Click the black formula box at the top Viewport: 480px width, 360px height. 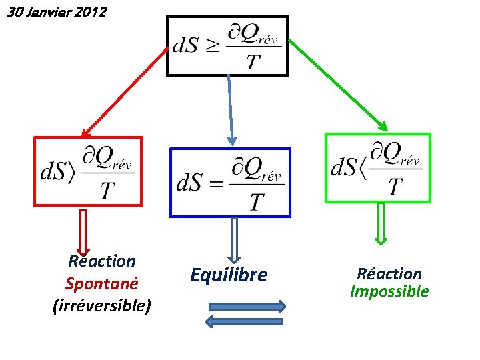pyautogui.click(x=227, y=45)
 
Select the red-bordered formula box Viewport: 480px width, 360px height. pyautogui.click(x=88, y=171)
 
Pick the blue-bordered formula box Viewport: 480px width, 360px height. pyautogui.click(x=231, y=182)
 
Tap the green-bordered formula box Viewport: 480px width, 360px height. pyautogui.click(x=377, y=167)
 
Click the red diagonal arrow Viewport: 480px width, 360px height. pyautogui.click(x=124, y=92)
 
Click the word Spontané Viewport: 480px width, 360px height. pyautogui.click(x=101, y=283)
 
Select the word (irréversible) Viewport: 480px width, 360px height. pyautogui.click(x=101, y=305)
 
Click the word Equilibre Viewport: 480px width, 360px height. pyautogui.click(x=229, y=275)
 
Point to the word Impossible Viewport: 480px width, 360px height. pyautogui.click(x=389, y=291)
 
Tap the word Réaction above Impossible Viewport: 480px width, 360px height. pyautogui.click(x=389, y=274)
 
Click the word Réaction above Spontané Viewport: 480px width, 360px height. pyautogui.click(x=101, y=261)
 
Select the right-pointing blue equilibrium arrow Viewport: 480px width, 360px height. pyautogui.click(x=247, y=307)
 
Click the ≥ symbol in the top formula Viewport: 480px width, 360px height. pyautogui.click(x=211, y=46)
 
